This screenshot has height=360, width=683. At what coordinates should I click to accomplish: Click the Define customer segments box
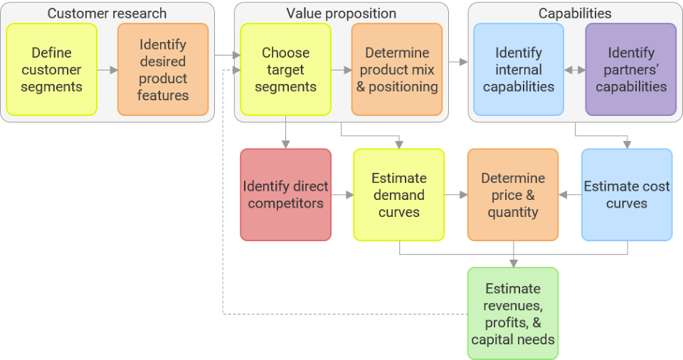point(51,70)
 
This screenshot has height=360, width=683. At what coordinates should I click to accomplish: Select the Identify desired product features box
point(163,70)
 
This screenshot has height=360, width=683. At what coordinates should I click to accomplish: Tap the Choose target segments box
point(285,70)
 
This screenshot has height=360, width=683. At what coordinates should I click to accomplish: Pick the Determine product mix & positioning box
point(397,70)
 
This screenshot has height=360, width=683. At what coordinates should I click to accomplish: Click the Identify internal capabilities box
point(519,70)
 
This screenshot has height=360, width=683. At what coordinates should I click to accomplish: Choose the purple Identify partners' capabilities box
point(630,70)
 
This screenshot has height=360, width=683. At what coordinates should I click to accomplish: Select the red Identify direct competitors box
point(285,195)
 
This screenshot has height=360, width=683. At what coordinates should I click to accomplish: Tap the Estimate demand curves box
point(399,195)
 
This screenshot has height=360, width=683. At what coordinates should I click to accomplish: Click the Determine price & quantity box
point(513,195)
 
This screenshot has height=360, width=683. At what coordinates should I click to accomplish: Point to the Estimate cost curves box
point(627,195)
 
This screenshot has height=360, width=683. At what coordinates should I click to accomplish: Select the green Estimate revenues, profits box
point(513,314)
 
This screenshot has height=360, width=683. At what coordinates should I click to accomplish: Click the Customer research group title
point(107,14)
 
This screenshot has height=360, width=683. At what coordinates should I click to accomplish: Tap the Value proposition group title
point(341,14)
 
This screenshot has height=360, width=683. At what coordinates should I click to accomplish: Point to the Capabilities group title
point(575,14)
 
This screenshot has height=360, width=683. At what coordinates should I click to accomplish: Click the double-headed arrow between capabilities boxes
point(575,70)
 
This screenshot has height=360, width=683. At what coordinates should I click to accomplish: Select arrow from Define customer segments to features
point(107,70)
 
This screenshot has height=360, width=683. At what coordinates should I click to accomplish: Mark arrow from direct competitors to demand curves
point(343,195)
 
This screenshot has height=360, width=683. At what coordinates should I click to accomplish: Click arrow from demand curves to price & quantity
point(456,195)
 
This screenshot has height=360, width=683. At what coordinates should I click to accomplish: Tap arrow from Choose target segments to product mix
point(341,70)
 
